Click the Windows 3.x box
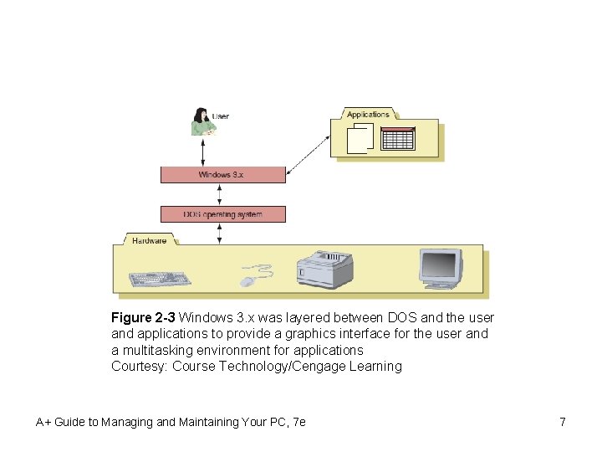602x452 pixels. coord(222,175)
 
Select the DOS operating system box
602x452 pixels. coord(222,214)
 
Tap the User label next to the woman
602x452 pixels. coord(222,116)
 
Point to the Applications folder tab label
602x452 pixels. coord(368,114)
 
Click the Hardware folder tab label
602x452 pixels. coord(149,240)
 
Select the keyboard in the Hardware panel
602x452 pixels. coord(160,279)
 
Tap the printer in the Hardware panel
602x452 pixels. coord(325,269)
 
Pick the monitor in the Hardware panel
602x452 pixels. coord(441,269)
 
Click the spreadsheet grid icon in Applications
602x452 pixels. coord(398,139)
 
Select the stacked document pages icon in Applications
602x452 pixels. coord(360,138)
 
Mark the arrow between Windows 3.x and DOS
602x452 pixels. coord(219,195)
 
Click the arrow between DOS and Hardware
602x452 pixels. coord(219,234)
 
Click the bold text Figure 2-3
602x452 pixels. coord(143,318)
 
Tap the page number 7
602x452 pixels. coord(563,422)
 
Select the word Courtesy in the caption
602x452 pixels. coord(139,366)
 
